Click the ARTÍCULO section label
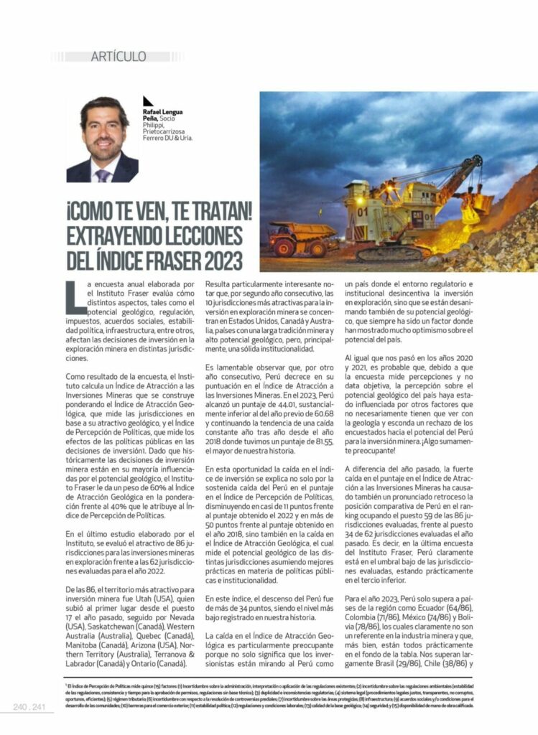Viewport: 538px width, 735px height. (119, 56)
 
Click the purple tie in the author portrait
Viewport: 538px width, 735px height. (104, 174)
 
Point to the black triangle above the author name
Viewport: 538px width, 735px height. (147, 101)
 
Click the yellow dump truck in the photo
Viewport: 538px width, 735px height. (300, 238)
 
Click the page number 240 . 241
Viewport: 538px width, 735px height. (29, 708)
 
